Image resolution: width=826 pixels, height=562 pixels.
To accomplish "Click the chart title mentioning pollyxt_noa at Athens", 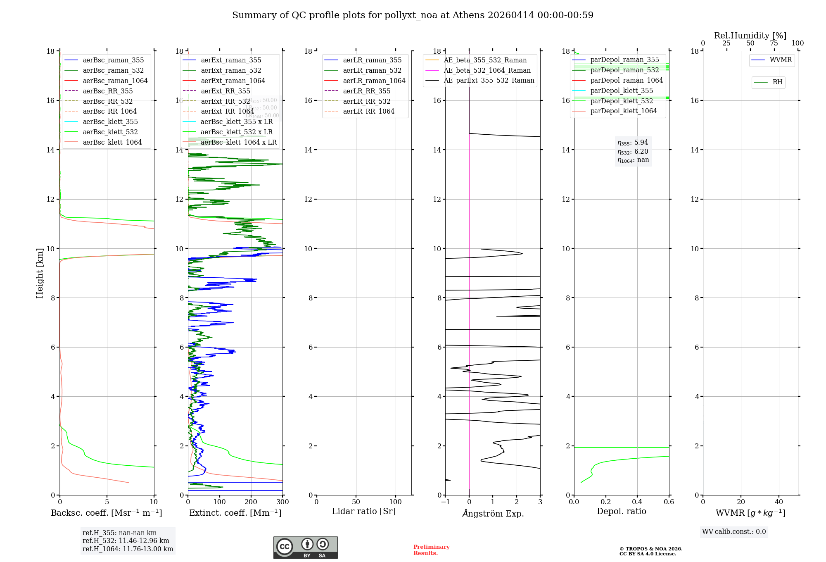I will [x=413, y=15].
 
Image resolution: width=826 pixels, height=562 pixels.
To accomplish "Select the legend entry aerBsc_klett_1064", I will [x=112, y=142].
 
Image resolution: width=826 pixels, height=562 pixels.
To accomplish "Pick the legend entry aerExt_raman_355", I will [x=231, y=60].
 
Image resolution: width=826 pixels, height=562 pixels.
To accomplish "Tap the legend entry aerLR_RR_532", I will [x=366, y=101].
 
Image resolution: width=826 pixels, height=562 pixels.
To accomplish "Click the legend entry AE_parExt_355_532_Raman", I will [x=489, y=81].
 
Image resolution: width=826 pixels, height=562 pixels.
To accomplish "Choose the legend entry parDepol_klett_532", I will [x=622, y=101].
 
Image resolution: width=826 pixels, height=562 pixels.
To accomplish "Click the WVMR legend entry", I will [x=781, y=60].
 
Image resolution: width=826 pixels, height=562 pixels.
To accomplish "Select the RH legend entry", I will [x=777, y=82].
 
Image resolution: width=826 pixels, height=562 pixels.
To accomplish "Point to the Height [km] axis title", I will [x=40, y=273].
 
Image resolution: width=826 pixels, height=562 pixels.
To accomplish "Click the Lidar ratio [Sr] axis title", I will [x=364, y=511].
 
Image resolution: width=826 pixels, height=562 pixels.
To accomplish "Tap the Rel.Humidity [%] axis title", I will [x=750, y=36].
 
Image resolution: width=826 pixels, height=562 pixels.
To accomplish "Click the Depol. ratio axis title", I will [x=621, y=511].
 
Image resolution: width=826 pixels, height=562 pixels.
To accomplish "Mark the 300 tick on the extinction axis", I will [x=283, y=502].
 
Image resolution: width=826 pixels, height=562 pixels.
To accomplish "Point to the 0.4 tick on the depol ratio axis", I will [x=637, y=502].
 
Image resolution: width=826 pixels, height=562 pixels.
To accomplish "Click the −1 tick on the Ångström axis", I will [x=445, y=502].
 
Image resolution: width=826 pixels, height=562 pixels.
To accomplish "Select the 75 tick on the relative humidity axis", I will [x=774, y=43].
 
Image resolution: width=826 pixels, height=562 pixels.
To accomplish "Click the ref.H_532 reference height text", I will [x=126, y=541].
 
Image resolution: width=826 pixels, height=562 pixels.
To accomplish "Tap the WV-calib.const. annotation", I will [x=734, y=532].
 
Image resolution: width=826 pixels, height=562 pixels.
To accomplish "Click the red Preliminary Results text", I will [x=431, y=550].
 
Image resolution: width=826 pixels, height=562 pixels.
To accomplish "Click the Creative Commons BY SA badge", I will [x=305, y=548].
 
